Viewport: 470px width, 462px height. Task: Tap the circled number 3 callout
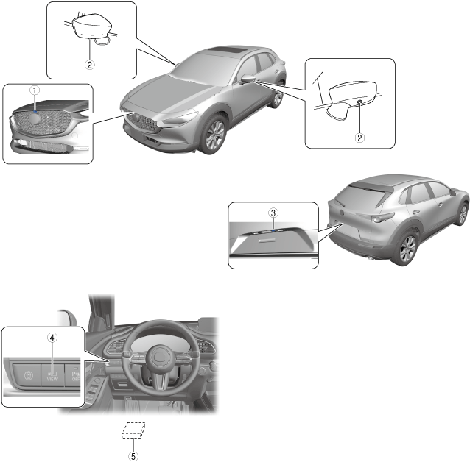point(273,213)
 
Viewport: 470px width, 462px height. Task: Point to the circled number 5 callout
point(133,455)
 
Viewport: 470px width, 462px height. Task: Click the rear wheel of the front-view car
point(277,98)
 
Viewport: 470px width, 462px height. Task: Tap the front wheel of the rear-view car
point(462,214)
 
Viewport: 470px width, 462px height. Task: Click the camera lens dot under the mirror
point(359,102)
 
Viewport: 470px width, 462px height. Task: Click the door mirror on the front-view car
point(248,78)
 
